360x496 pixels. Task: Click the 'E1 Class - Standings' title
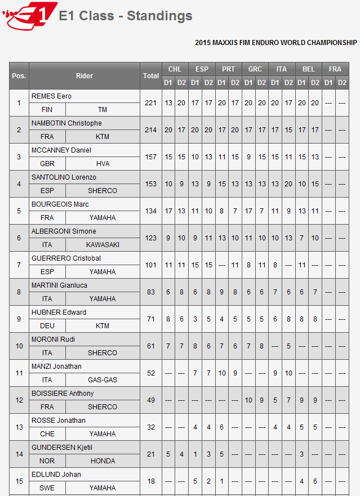(x=126, y=16)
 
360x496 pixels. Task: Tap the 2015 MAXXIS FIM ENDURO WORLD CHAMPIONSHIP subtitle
(x=275, y=43)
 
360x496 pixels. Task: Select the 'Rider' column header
(x=85, y=75)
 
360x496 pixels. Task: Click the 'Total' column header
(x=151, y=75)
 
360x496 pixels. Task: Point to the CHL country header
(x=175, y=69)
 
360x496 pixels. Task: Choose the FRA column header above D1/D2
(x=335, y=69)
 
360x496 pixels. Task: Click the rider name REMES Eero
(x=51, y=96)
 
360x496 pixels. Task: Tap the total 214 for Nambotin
(x=151, y=129)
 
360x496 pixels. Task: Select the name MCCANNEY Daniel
(x=61, y=150)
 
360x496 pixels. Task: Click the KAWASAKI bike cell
(x=103, y=245)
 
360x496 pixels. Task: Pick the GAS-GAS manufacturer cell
(x=103, y=380)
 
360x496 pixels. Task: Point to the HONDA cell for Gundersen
(x=103, y=461)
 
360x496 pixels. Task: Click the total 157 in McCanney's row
(x=151, y=157)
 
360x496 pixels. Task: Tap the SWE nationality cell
(x=47, y=488)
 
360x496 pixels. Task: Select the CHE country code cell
(x=47, y=434)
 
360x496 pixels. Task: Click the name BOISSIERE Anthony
(x=63, y=394)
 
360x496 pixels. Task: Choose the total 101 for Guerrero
(x=151, y=265)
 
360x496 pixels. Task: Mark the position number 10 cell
(x=19, y=346)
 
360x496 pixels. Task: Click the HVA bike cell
(x=103, y=164)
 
